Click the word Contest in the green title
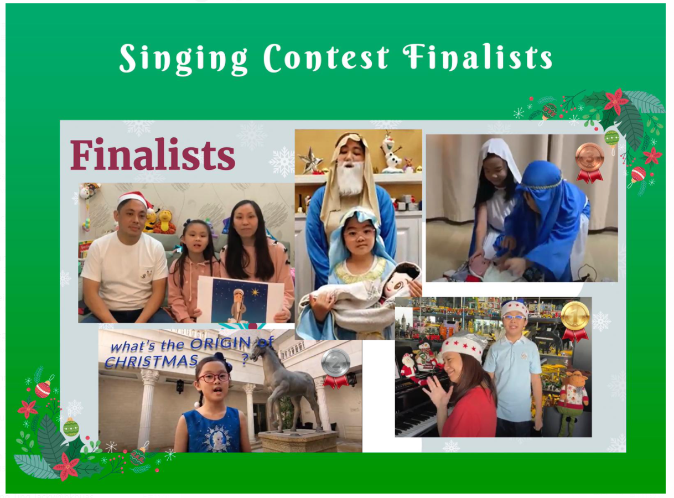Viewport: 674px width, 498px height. point(326,58)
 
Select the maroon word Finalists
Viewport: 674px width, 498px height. point(153,154)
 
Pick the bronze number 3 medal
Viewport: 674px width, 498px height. point(589,163)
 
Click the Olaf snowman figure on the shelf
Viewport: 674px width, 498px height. point(392,152)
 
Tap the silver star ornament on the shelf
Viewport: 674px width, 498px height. point(310,160)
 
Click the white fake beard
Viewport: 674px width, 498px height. point(350,178)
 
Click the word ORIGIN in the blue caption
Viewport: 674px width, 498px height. point(221,344)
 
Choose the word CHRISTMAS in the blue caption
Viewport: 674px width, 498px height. point(152,361)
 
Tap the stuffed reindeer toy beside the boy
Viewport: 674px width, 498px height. point(572,402)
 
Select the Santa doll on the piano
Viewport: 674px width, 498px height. point(409,369)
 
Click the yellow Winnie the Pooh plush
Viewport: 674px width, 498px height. point(165,222)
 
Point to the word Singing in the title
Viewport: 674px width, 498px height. point(184,59)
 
